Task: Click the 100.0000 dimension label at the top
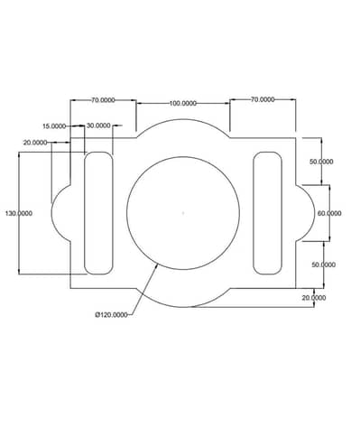coord(183,103)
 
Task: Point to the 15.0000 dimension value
coord(54,126)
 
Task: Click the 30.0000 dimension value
coord(99,125)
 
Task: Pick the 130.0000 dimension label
coord(19,213)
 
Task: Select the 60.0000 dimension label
coord(329,213)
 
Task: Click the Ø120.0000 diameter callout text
coord(113,315)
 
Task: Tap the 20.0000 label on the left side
coord(36,143)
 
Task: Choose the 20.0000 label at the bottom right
coord(314,297)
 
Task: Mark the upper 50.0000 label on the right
coord(321,161)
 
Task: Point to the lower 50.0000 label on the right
coord(322,265)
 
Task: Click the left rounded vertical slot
coord(99,213)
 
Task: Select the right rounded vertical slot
coord(267,213)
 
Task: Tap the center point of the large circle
coord(183,213)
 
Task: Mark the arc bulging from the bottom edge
coord(183,302)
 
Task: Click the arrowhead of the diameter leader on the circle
coord(158,265)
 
